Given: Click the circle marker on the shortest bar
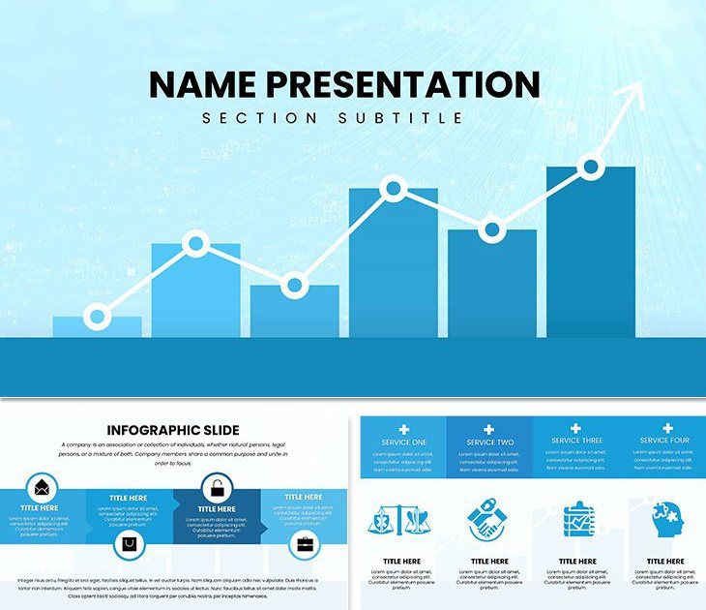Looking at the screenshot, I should pos(97,317).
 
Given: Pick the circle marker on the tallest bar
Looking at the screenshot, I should pos(591,168).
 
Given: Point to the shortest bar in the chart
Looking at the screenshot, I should pos(97,328).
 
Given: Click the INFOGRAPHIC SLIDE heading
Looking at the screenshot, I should pos(173,430).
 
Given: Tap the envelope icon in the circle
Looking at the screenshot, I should pos(42,486).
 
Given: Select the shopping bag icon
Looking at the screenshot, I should pos(129,545).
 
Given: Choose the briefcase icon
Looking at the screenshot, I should pos(304,545).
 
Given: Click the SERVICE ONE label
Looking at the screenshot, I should pos(403,442).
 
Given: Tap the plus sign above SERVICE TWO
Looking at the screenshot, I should pos(489,429).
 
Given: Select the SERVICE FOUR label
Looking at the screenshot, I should pos(665,441).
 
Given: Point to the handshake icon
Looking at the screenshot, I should pos(487,521).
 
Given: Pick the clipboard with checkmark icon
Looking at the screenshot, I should pos(577,520).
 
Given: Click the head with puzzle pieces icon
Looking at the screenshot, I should pos(664,521).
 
